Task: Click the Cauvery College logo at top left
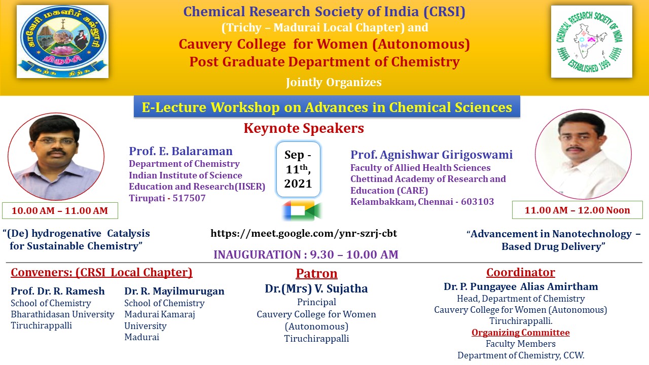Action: point(62,42)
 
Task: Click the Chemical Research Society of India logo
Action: point(592,42)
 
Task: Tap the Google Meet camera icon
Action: point(302,210)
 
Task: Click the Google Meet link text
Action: point(304,234)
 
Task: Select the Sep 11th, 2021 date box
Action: point(298,169)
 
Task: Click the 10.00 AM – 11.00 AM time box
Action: point(60,210)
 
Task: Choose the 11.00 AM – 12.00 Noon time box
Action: point(578,210)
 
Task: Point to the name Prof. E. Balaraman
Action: point(181,151)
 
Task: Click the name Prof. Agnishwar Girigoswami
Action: point(431,155)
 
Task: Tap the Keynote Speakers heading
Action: point(304,128)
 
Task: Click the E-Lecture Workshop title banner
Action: point(327,107)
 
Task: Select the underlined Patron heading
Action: point(316,273)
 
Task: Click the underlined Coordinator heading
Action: point(521,272)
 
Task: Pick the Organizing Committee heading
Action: point(521,333)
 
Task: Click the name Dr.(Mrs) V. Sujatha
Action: point(316,288)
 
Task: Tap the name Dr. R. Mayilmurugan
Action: point(174,291)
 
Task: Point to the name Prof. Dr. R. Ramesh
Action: point(58,291)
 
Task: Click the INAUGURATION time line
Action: point(306,254)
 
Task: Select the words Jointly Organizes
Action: point(334,83)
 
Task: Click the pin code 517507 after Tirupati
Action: point(189,198)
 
